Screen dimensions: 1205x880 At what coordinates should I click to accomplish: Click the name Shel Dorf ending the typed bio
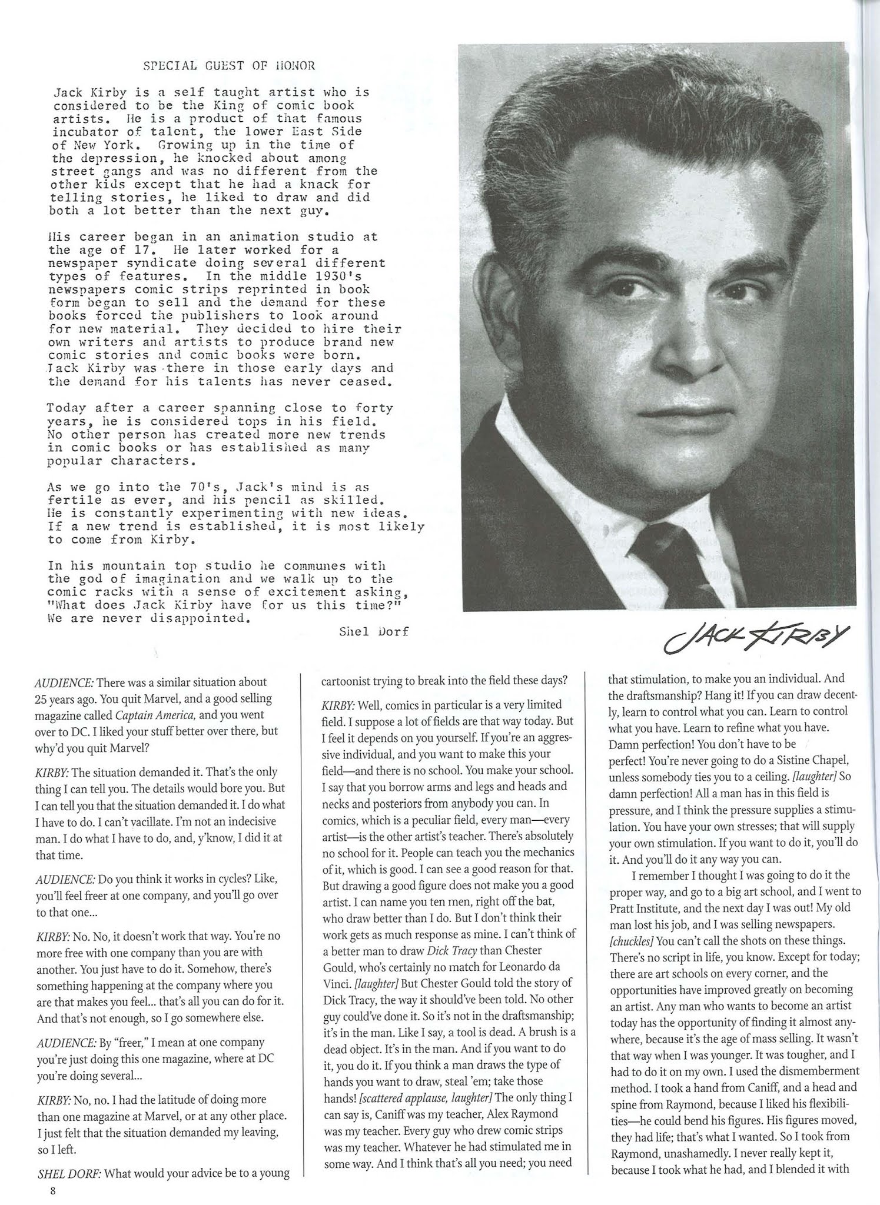pos(374,631)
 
